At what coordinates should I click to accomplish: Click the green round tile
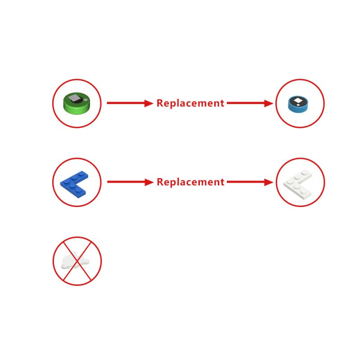click(76, 103)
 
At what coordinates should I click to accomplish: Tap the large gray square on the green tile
click(75, 98)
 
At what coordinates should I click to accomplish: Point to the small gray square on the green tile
click(85, 99)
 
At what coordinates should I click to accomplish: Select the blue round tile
click(298, 104)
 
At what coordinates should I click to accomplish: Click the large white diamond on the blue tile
click(298, 100)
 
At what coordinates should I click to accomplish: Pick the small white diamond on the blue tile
click(298, 105)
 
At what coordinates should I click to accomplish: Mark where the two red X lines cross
click(77, 261)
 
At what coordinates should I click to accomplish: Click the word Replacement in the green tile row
click(190, 103)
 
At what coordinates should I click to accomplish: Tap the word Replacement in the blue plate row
click(190, 182)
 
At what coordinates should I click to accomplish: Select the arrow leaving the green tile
click(130, 103)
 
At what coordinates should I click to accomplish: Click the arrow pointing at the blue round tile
click(250, 103)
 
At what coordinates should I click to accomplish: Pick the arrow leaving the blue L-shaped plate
click(130, 182)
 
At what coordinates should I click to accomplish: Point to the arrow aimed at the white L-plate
click(250, 182)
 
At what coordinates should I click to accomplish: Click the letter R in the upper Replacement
click(160, 103)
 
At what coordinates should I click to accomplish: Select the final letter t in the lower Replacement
click(222, 182)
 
